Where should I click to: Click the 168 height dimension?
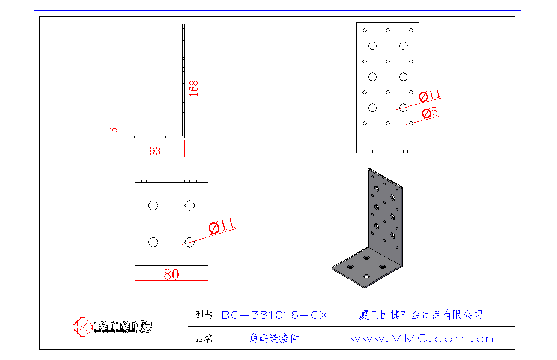pos(194,88)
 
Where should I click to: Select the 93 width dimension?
pos(155,151)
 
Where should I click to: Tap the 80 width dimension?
pos(171,275)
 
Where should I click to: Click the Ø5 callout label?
pos(430,113)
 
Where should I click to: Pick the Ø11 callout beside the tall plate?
pos(429,95)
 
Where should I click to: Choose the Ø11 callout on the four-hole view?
pos(222,225)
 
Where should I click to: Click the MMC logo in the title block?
pos(113,327)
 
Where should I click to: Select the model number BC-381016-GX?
pos(274,315)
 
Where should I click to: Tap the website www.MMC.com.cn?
pos(422,339)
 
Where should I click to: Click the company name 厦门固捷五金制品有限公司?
pos(421,315)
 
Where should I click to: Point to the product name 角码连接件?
pos(274,339)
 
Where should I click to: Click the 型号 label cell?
pos(204,315)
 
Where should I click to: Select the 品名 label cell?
pos(204,339)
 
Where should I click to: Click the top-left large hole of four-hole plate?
pos(153,206)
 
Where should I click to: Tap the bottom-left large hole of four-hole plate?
pos(153,243)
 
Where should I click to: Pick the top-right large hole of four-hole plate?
pos(189,206)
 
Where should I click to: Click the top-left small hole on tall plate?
pos(365,30)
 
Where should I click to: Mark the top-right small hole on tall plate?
pos(411,30)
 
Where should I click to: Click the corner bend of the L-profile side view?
pos(183,137)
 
